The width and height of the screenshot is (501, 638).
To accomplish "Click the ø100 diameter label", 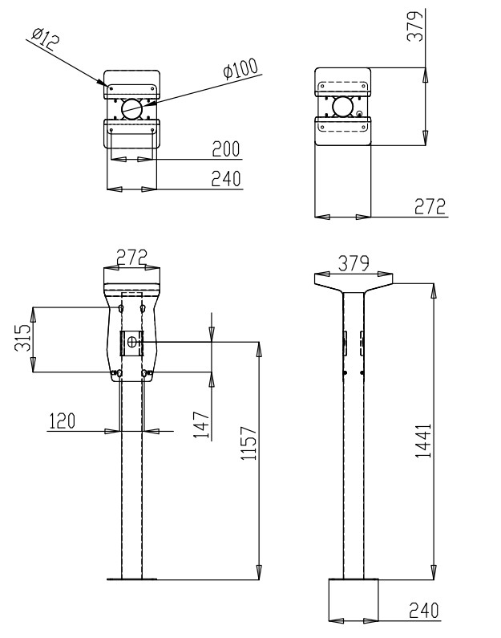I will pos(242,70).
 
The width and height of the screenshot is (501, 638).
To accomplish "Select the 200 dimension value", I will pos(226,149).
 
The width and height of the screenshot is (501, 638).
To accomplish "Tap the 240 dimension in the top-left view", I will pos(226,179).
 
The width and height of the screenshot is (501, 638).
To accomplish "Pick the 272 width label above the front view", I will pos(134,257).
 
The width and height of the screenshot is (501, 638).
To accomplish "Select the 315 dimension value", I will pos(25,339).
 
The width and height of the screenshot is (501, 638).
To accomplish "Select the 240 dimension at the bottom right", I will pos(422,611).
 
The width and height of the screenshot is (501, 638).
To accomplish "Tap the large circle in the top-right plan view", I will pos(344,106).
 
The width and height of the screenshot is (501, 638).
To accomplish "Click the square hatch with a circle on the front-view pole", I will pos(132,343).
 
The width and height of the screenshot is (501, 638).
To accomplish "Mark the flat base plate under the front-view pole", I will pos(132,579).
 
